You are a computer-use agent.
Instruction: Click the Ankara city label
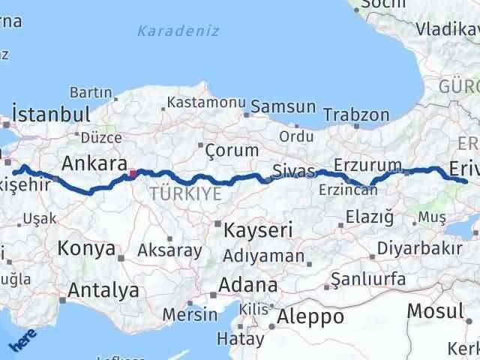[94, 163]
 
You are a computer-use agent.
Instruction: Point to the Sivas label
[293, 170]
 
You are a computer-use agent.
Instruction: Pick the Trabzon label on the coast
[357, 115]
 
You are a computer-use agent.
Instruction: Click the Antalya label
[103, 289]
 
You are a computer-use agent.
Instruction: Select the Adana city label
[248, 286]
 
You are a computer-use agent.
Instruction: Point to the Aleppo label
[310, 316]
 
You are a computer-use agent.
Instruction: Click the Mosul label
[435, 310]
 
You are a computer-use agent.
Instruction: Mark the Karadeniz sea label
[178, 31]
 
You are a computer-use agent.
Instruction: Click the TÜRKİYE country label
[185, 193]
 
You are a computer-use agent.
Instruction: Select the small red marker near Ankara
[133, 174]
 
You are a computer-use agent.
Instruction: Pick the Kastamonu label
[207, 102]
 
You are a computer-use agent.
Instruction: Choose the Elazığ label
[369, 217]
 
